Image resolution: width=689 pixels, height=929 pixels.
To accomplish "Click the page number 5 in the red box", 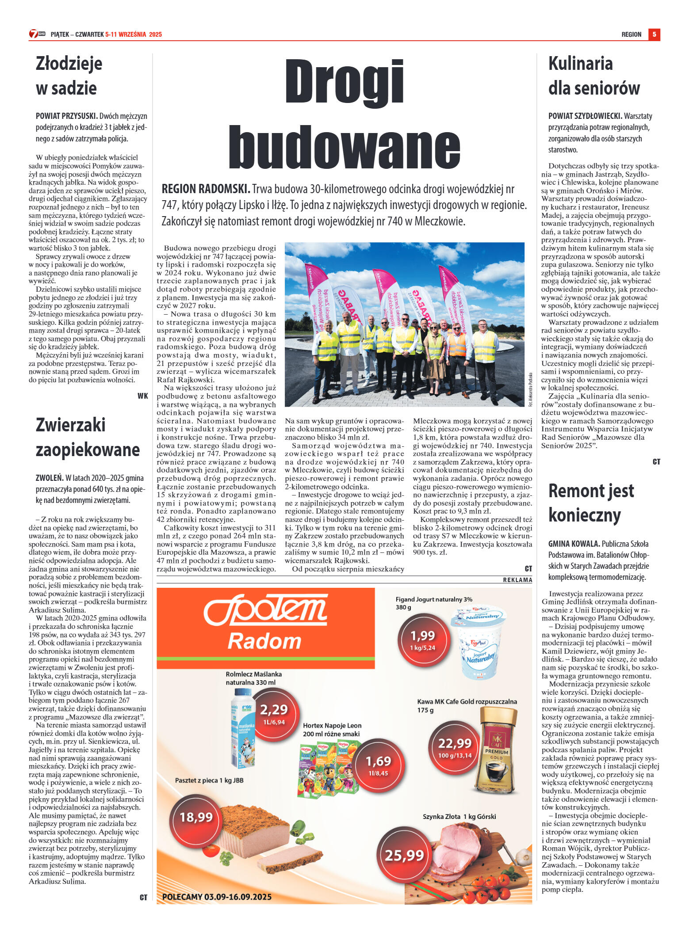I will (654, 34).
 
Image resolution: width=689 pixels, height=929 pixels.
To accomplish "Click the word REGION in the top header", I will (631, 34).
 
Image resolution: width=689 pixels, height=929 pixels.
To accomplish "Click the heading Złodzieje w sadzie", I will (69, 76).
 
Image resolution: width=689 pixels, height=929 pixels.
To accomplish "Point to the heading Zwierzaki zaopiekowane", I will (88, 437).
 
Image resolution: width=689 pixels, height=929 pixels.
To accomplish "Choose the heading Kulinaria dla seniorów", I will (593, 76).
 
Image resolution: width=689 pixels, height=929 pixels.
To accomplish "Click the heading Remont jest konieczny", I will (591, 503).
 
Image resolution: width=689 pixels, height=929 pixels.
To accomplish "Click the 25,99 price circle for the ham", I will (404, 856).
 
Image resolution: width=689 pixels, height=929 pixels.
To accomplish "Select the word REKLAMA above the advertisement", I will (517, 580).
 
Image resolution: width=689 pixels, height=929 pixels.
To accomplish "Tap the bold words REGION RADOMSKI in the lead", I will (206, 189).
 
